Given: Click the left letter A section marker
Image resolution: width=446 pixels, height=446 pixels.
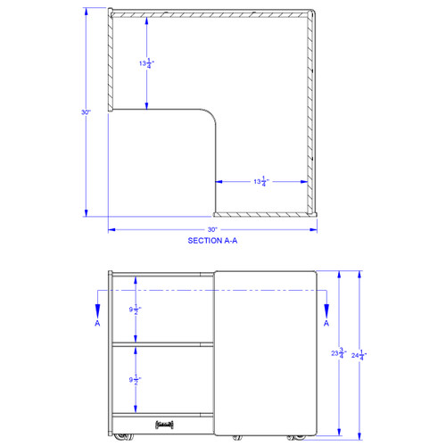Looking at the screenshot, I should [96, 325].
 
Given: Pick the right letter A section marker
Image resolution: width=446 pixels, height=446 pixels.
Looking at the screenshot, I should [326, 323].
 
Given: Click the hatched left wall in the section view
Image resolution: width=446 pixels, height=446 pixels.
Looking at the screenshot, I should [111, 61].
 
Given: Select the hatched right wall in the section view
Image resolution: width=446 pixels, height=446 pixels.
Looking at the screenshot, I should [311, 111].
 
